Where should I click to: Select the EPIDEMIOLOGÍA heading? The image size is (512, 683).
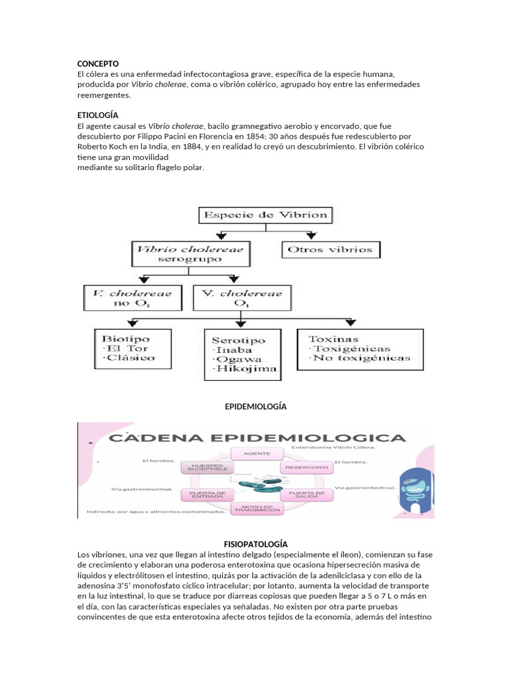point(255,406)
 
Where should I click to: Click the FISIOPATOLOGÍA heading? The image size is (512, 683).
point(255,544)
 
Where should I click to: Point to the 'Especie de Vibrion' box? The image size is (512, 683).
point(265,215)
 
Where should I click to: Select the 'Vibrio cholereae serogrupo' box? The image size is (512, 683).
point(190,254)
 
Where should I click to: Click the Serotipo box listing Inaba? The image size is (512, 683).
point(240,354)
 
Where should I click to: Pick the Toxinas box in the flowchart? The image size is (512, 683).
point(354,348)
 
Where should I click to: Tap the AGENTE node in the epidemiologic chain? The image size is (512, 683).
point(256,453)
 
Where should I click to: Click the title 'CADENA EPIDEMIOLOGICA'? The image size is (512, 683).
point(257,438)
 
